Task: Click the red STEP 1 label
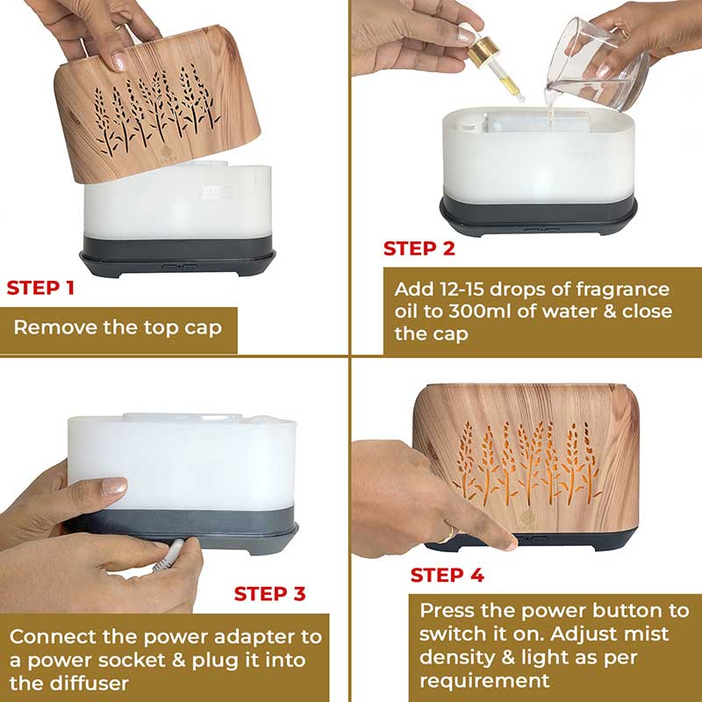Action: point(40,288)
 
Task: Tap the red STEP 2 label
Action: point(419,248)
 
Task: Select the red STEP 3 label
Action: point(269,594)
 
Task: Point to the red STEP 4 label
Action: point(448,576)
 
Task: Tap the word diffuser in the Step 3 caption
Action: point(95,684)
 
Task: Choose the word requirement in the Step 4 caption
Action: point(484,681)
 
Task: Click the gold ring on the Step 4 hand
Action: point(448,535)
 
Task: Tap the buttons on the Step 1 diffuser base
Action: point(180,268)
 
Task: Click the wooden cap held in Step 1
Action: point(157,104)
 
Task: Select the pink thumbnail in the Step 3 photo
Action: point(114,486)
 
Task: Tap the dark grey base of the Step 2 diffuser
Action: point(538,216)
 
